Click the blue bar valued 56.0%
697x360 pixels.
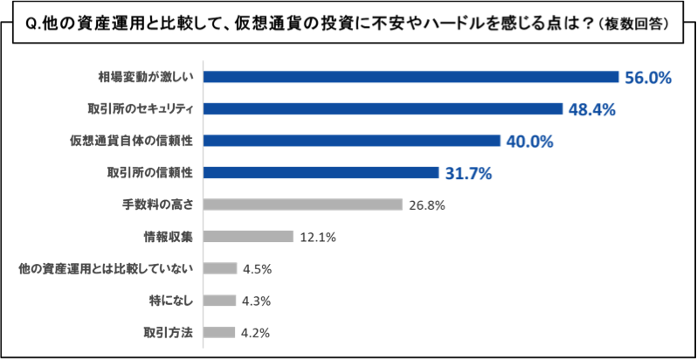coord(411,77)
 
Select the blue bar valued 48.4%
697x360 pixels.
coord(383,109)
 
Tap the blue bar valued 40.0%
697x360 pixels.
coord(351,141)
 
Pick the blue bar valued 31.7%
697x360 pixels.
coord(321,173)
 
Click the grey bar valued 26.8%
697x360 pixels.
coord(302,204)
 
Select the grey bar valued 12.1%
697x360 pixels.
coord(248,237)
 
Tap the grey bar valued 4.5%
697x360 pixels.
coord(220,268)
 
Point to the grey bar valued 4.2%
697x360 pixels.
coord(219,332)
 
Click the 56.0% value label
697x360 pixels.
coord(647,78)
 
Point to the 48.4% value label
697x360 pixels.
coord(592,110)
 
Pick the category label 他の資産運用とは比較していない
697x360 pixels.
coord(110,268)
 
